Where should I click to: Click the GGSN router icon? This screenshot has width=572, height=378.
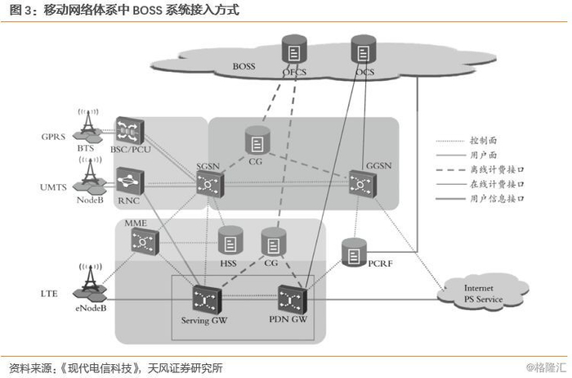360,182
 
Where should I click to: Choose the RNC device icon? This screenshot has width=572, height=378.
129,179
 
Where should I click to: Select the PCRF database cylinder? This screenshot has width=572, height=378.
353,251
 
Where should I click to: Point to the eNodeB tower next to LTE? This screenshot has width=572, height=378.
89,281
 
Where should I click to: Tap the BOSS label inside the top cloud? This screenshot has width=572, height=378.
244,65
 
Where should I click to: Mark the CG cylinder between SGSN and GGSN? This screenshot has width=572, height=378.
257,144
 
